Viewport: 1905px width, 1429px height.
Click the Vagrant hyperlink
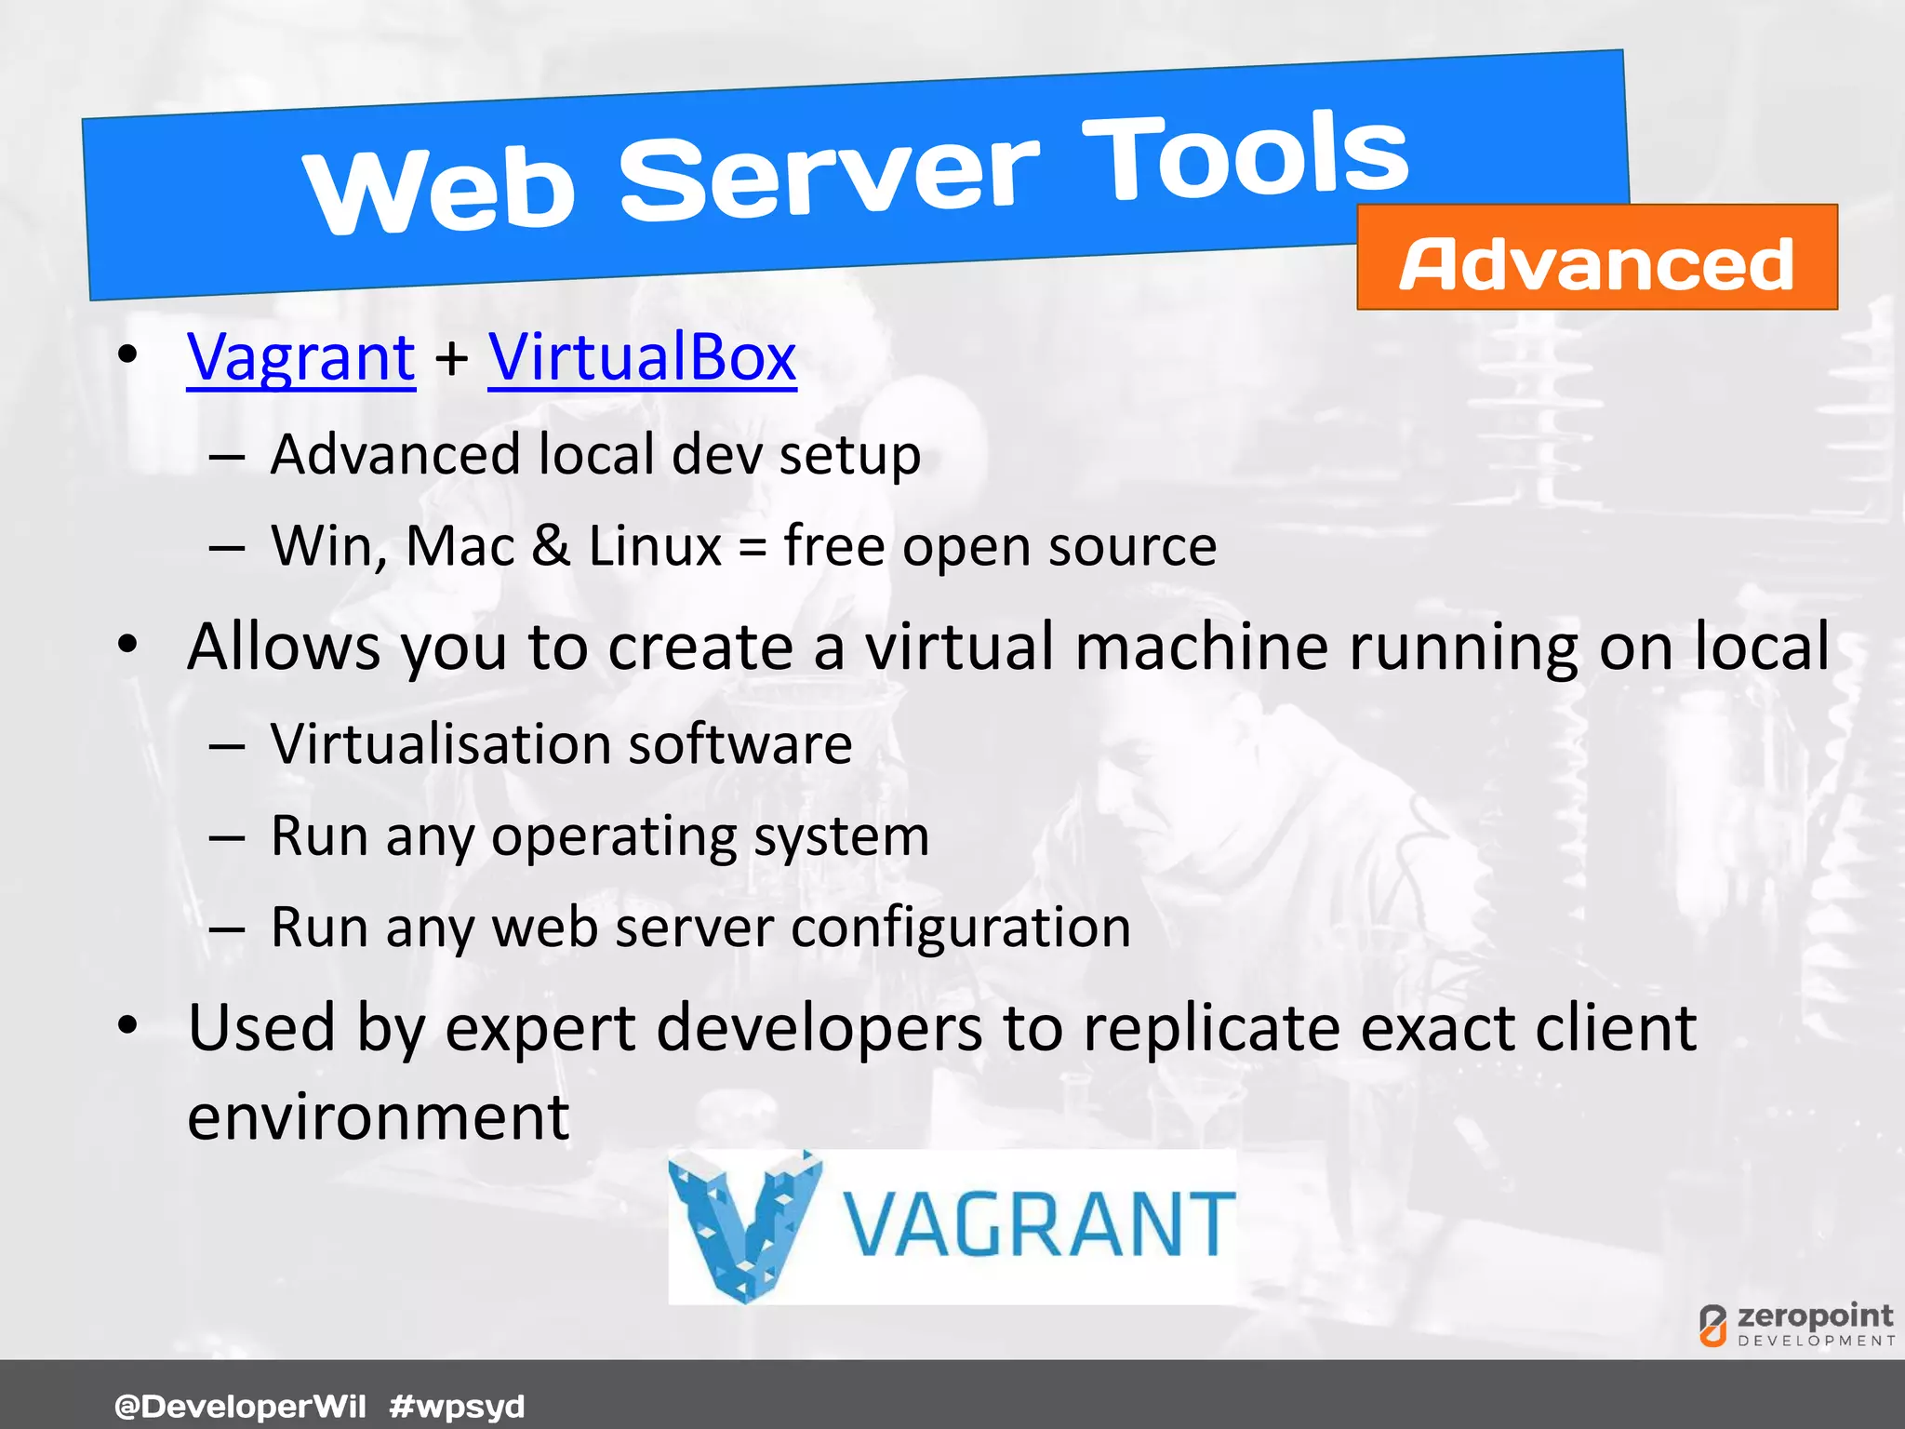(x=300, y=357)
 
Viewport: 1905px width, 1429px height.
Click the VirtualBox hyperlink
(x=642, y=357)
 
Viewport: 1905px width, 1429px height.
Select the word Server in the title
(x=829, y=177)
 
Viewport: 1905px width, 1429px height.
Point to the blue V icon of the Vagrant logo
(x=745, y=1224)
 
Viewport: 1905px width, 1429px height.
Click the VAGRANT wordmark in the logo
(x=1038, y=1226)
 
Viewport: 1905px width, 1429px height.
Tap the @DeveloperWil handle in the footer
(x=240, y=1406)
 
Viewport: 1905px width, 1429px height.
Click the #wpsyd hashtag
(x=457, y=1406)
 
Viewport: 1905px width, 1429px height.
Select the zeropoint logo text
(x=1814, y=1315)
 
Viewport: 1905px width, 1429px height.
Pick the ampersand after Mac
(x=552, y=545)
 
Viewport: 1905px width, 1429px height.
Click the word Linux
(x=655, y=545)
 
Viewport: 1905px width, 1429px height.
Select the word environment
(x=378, y=1116)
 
